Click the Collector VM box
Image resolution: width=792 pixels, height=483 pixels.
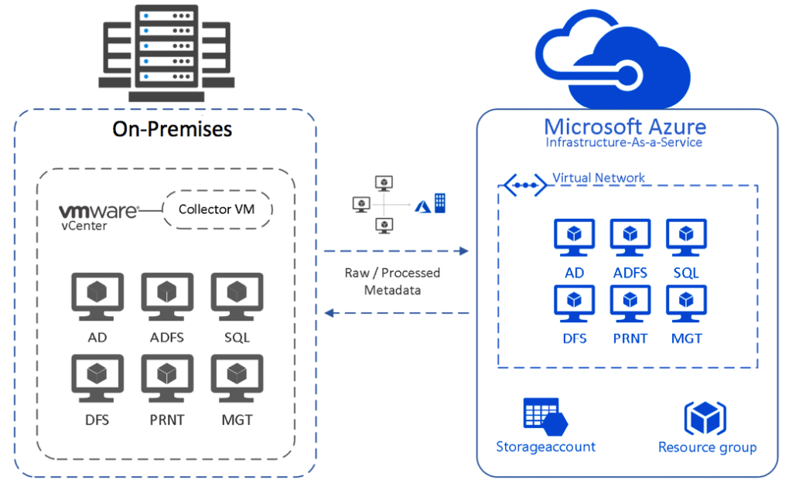point(217,209)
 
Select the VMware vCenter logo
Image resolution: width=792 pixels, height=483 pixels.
point(98,214)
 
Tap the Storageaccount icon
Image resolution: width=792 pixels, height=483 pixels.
point(545,417)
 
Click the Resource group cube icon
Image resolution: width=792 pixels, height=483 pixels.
point(705,418)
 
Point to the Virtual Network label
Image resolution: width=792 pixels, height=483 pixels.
point(599,178)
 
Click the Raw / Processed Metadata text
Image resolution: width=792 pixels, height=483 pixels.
point(392,281)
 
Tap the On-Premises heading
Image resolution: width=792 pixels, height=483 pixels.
point(172,128)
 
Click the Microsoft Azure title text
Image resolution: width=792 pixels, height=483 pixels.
point(625,126)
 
